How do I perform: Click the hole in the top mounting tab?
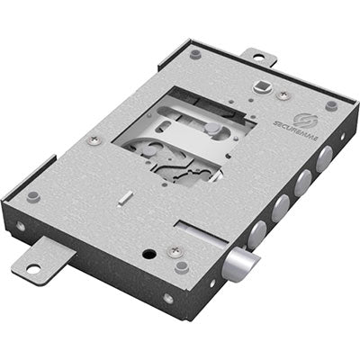point(259,57)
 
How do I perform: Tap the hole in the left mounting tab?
point(33,267)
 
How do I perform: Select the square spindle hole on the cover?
point(262,86)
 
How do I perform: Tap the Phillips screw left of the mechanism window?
point(93,140)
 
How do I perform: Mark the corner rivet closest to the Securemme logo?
point(331,105)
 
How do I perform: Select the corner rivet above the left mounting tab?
point(33,196)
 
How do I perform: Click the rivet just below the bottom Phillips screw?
point(183,266)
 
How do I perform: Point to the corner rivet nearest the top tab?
point(195,54)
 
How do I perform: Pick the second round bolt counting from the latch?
point(281,209)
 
